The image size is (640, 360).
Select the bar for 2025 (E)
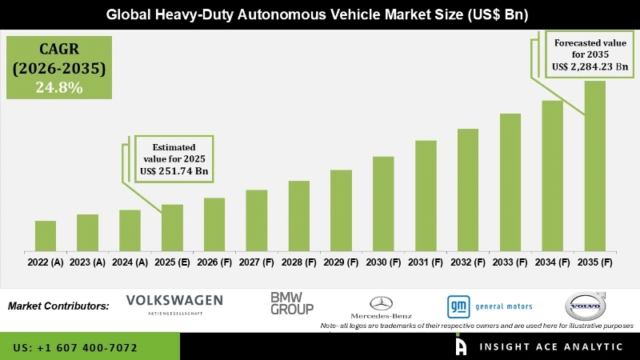pos(172,228)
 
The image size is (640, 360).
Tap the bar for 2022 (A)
pos(46,236)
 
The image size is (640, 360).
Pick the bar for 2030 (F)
pos(383,204)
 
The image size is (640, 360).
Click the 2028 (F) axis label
pos(298,262)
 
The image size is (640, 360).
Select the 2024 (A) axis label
pos(130,262)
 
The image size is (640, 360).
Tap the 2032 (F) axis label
pos(468,262)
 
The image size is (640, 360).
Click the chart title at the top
pos(320,14)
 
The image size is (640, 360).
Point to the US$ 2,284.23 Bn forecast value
pos(593,66)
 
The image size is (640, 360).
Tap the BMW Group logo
pos(291,302)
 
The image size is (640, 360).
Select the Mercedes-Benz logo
pos(382,306)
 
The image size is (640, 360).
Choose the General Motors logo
pos(489,306)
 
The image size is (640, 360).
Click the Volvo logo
pos(586,306)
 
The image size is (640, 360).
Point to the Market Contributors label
pos(58,306)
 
